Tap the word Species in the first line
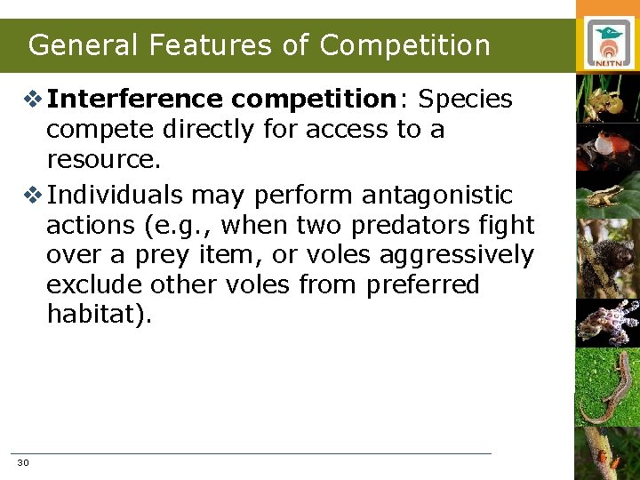coord(465,100)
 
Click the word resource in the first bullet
coord(101,160)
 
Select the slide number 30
coord(23,463)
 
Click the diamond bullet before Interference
coord(33,100)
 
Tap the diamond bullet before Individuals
coord(33,195)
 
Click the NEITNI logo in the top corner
coord(608,44)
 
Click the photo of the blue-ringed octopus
coord(608,322)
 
